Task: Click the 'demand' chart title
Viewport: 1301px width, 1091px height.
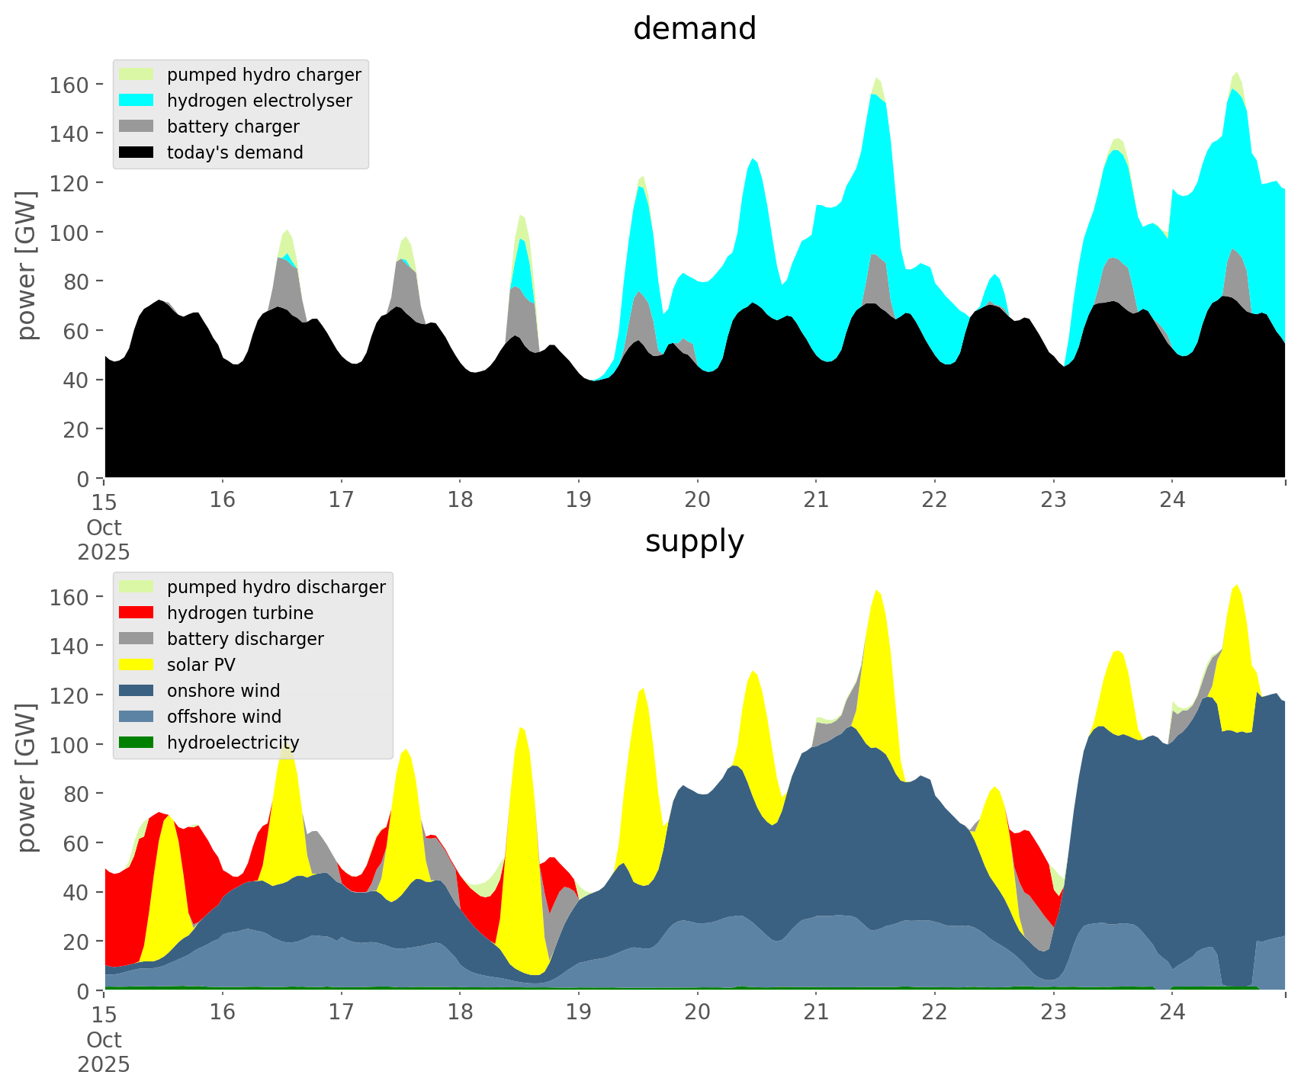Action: pyautogui.click(x=694, y=29)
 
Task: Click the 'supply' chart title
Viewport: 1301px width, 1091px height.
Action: pyautogui.click(x=694, y=541)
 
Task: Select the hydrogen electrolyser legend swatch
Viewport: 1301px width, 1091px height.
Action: pyautogui.click(x=137, y=101)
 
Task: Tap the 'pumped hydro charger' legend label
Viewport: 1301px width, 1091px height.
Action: pyautogui.click(x=264, y=75)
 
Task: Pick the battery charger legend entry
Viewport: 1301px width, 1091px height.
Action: pyautogui.click(x=233, y=127)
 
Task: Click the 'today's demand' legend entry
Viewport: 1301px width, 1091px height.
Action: pyautogui.click(x=235, y=152)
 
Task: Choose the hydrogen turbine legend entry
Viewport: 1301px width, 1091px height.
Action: pyautogui.click(x=239, y=613)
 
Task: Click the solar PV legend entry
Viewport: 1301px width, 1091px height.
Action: pyautogui.click(x=201, y=665)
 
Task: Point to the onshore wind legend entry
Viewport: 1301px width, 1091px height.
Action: pyautogui.click(x=223, y=691)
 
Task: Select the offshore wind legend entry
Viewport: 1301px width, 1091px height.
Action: pyautogui.click(x=224, y=717)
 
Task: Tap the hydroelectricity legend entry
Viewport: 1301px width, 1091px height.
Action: pyautogui.click(x=233, y=743)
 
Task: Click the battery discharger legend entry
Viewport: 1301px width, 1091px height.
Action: pyautogui.click(x=245, y=639)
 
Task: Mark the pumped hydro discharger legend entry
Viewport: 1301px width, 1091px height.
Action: pyautogui.click(x=276, y=587)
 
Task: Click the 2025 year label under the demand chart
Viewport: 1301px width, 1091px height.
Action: pyautogui.click(x=104, y=552)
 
